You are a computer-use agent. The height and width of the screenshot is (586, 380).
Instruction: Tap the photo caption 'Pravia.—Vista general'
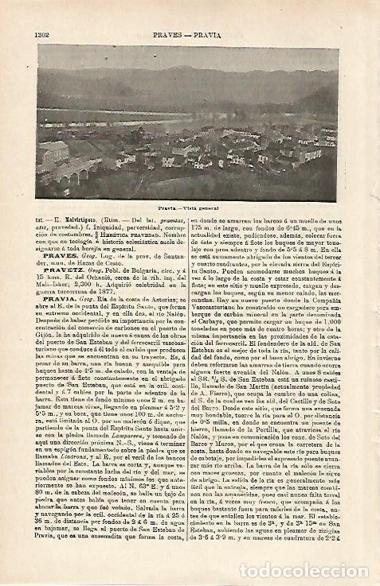click(188, 206)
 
